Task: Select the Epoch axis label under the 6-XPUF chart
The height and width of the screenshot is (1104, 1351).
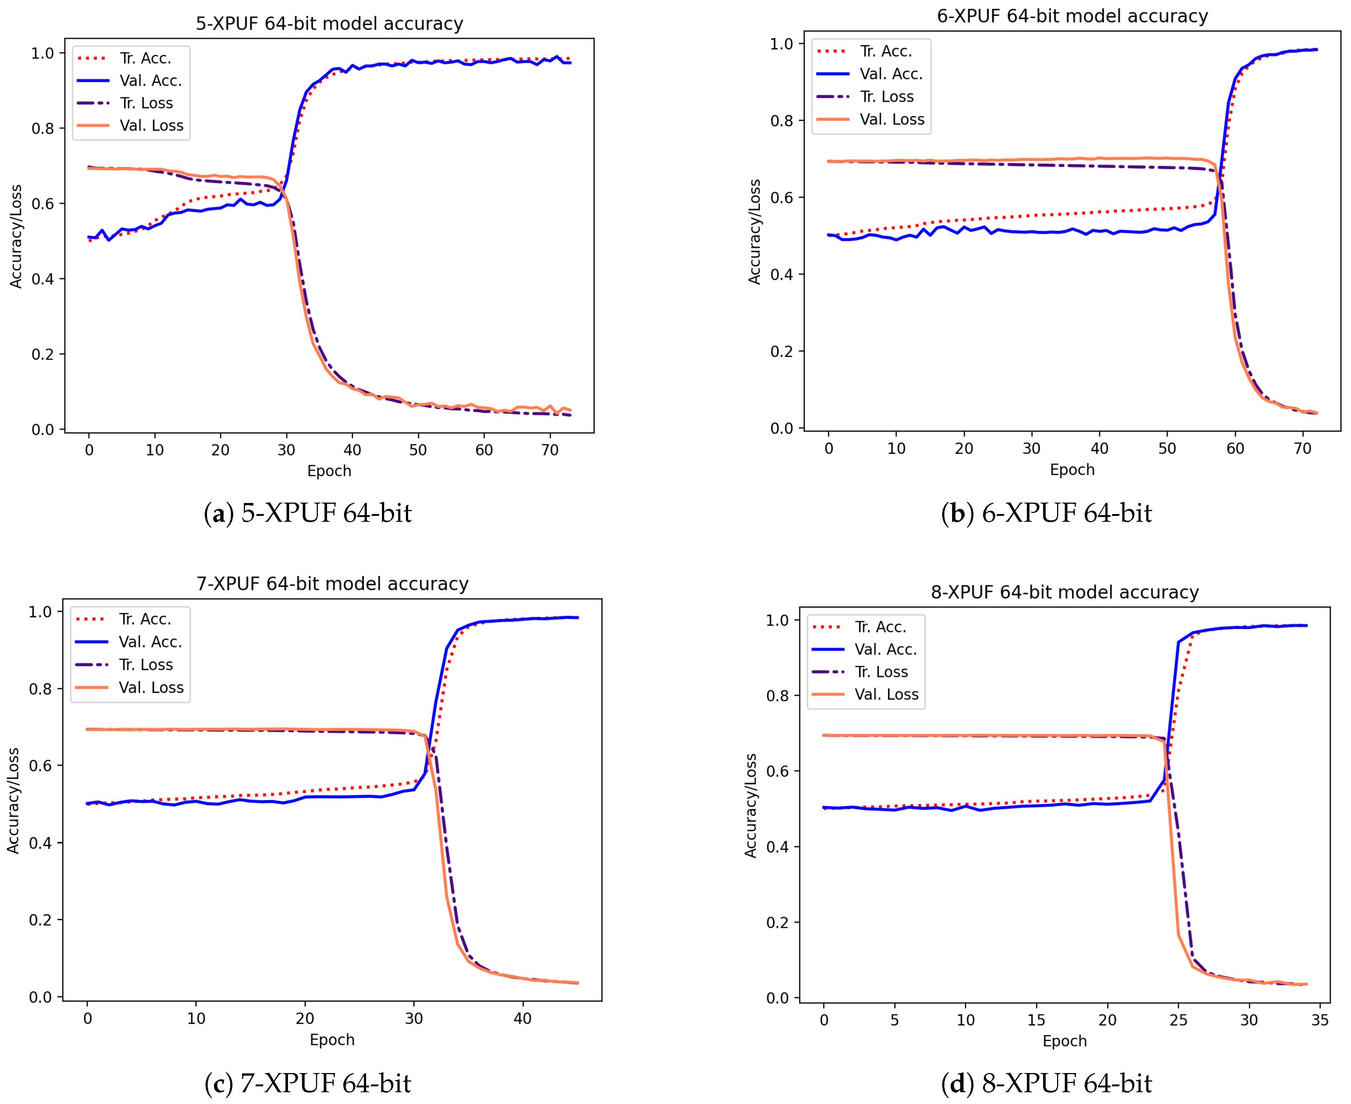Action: tap(1072, 470)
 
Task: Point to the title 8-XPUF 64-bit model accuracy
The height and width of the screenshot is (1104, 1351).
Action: tap(1065, 592)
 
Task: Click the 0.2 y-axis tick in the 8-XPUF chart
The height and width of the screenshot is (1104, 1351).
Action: tap(778, 923)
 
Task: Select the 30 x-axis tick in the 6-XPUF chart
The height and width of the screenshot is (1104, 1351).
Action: tap(1031, 449)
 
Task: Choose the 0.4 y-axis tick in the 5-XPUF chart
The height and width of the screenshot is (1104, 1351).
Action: tap(43, 279)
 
